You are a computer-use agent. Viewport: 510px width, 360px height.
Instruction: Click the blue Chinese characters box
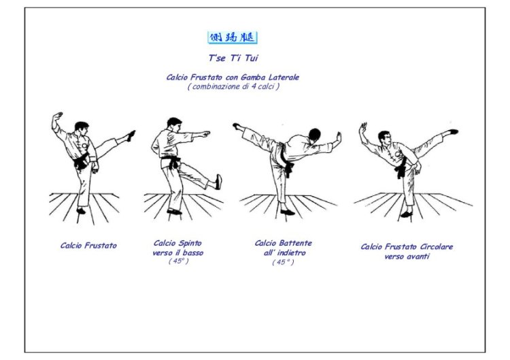[x=233, y=37]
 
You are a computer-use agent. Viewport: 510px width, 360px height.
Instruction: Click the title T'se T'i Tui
[x=233, y=59]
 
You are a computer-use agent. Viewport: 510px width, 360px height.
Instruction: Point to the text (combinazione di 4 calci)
[x=233, y=86]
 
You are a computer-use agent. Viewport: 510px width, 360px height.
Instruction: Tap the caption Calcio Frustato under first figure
[x=88, y=246]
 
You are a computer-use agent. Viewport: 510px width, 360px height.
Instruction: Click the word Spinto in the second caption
[x=190, y=244]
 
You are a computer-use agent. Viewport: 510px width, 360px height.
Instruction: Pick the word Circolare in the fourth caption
[x=436, y=247]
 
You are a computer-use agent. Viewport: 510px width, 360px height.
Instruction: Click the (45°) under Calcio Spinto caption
[x=178, y=261]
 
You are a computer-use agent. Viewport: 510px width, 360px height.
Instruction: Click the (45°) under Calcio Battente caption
[x=283, y=262]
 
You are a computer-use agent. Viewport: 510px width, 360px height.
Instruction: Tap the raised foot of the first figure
[x=131, y=135]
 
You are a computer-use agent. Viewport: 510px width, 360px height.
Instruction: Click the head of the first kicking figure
[x=82, y=127]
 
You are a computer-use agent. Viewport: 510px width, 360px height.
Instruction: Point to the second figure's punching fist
[x=205, y=133]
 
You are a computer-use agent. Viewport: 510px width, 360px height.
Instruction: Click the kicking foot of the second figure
[x=218, y=182]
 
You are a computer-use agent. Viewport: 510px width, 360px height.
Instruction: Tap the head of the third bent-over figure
[x=314, y=135]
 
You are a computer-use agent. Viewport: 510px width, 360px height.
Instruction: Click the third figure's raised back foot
[x=237, y=126]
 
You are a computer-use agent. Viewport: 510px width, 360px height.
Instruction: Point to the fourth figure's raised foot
[x=453, y=131]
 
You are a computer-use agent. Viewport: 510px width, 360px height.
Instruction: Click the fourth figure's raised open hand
[x=362, y=128]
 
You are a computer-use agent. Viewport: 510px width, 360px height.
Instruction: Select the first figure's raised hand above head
[x=57, y=116]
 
